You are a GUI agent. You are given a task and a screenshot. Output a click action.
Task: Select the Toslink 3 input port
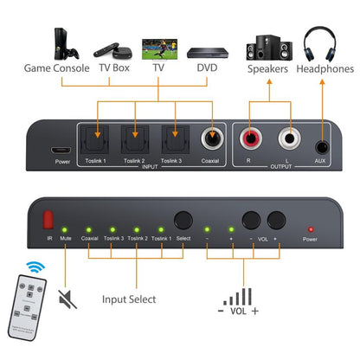[x=173, y=137]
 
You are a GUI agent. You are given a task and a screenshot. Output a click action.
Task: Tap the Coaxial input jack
[x=210, y=137]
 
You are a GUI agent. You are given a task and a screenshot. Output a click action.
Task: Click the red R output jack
[x=250, y=137]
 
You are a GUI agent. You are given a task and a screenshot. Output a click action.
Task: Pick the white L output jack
[x=286, y=137]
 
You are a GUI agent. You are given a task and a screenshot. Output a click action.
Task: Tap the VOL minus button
[x=252, y=219]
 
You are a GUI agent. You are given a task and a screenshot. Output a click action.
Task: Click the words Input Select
[x=129, y=299]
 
